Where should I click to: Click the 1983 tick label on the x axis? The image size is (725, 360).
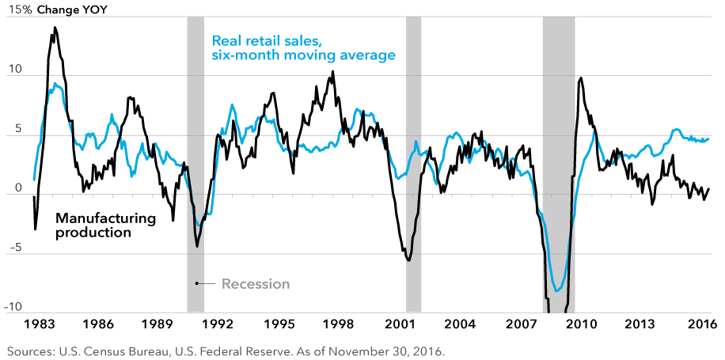pos(40,324)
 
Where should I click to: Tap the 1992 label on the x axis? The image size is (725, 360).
pos(218,324)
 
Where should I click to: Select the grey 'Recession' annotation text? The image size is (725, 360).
pos(256,284)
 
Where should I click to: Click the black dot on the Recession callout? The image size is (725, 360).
pos(196,283)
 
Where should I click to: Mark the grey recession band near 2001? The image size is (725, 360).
pos(413,158)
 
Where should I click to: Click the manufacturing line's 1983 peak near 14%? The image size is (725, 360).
pos(55,28)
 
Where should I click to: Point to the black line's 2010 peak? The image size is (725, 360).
pos(581,78)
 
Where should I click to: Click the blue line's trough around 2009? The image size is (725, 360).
pos(558,290)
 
